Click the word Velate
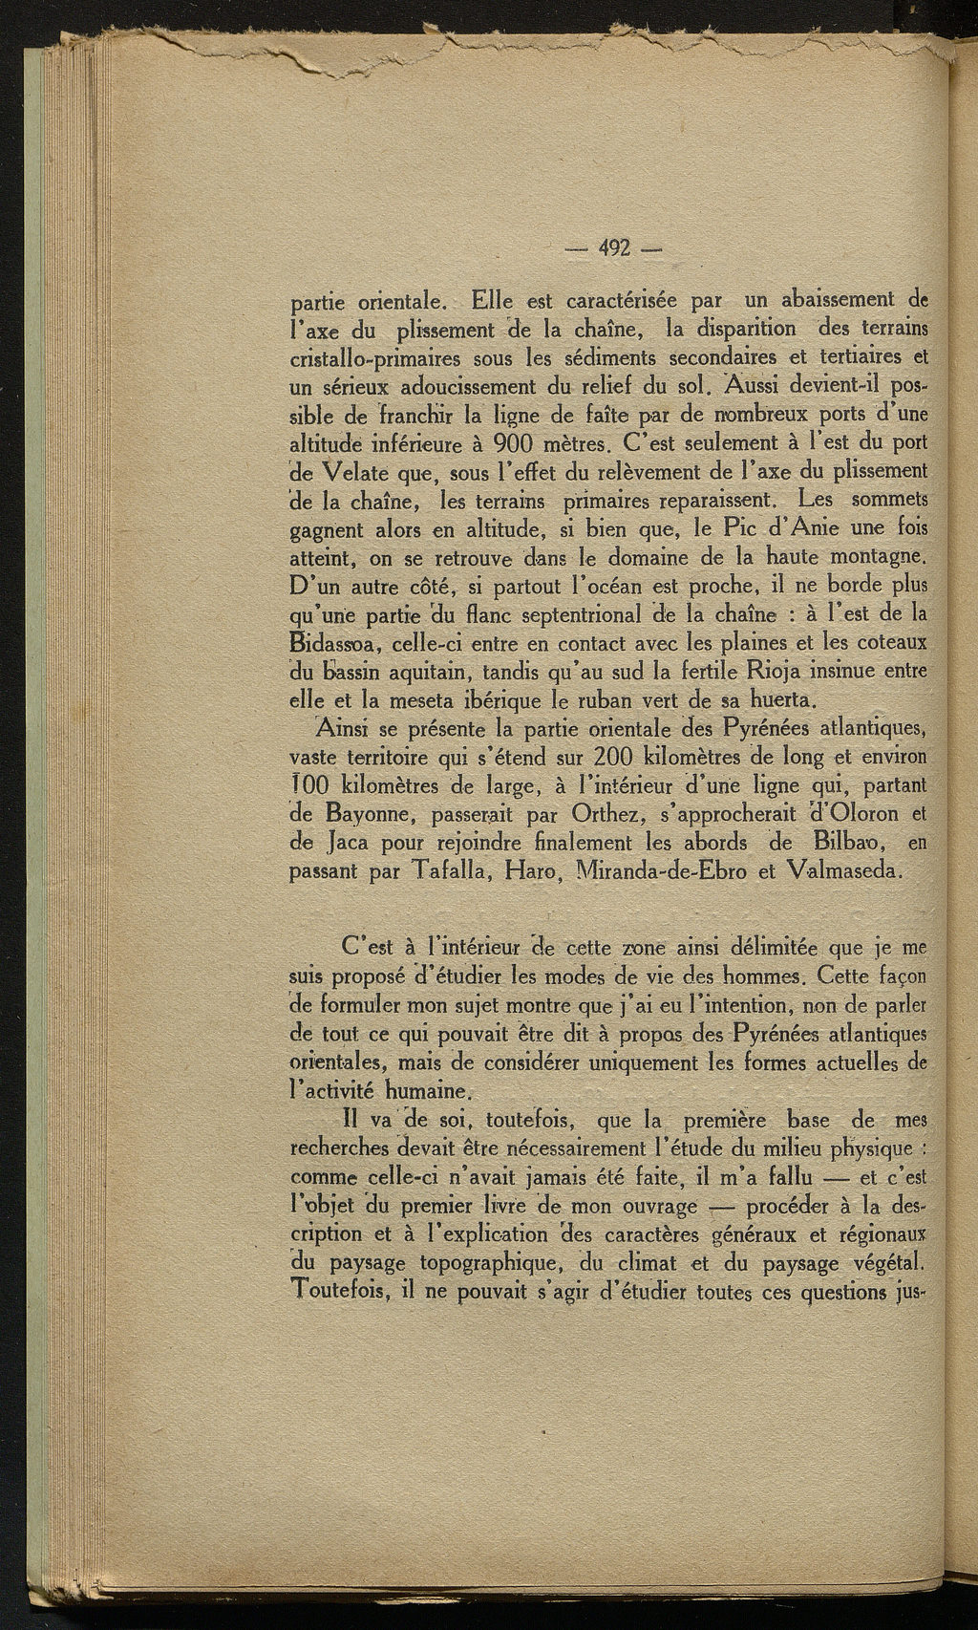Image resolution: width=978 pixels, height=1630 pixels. point(366,472)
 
